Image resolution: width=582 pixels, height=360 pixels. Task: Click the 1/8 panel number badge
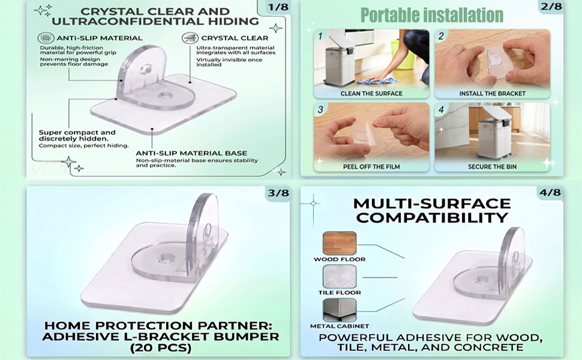pos(278,7)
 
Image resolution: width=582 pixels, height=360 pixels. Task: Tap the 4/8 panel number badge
pos(550,192)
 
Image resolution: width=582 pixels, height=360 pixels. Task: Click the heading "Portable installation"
pos(431,15)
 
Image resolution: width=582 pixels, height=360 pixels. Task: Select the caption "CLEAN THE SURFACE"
pos(371,94)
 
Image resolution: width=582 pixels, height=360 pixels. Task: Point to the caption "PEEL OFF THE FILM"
pos(371,167)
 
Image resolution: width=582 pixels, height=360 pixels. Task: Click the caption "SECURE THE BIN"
pos(492,167)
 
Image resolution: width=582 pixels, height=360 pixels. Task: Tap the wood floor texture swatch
pos(339,243)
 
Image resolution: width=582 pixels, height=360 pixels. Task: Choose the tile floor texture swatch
pos(339,277)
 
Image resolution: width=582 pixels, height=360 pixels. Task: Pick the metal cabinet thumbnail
pos(339,310)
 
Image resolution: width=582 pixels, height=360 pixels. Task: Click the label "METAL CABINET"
pos(339,326)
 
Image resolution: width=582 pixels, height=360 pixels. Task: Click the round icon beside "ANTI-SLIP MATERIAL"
pos(46,38)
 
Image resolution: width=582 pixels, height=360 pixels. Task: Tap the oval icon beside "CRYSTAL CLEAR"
pos(190,38)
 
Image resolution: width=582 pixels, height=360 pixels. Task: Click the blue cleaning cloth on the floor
pos(377,80)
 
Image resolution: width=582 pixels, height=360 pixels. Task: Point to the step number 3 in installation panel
pos(320,109)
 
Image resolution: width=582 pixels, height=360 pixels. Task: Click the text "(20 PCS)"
pos(160,348)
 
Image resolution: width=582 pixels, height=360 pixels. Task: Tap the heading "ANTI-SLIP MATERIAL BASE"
pos(191,153)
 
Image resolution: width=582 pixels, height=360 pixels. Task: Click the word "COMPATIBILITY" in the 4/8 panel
pos(432,217)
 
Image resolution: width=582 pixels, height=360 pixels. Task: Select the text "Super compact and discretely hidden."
pos(77,136)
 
